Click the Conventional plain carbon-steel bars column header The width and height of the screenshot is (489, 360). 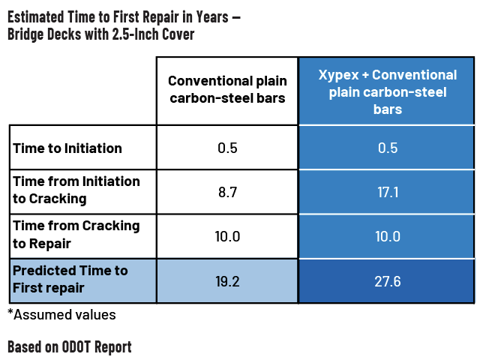pos(227,89)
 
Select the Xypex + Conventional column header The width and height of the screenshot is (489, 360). pos(388,92)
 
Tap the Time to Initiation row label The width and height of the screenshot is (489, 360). pos(67,148)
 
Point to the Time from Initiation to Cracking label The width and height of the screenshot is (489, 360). pos(76,190)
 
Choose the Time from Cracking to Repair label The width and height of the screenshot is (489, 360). pos(76,235)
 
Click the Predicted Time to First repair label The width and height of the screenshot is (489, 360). pos(70,279)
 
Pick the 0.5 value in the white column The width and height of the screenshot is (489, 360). pos(227,148)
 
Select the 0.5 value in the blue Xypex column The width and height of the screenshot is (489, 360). pos(388,148)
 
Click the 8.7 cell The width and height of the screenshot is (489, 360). pos(227,192)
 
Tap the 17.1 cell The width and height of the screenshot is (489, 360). pos(388,192)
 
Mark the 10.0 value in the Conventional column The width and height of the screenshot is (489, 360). pos(227,236)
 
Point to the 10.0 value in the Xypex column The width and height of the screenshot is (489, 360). pos(388,236)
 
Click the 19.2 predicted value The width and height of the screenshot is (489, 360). pos(227,281)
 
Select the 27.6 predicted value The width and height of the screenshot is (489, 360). pos(388,281)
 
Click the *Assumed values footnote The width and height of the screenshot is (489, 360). pos(61,315)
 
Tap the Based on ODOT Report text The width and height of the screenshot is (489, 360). pos(70,347)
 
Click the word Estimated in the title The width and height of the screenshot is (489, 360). pos(35,17)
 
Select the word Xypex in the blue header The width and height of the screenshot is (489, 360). pos(339,76)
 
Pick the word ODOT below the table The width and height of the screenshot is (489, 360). pos(76,346)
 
